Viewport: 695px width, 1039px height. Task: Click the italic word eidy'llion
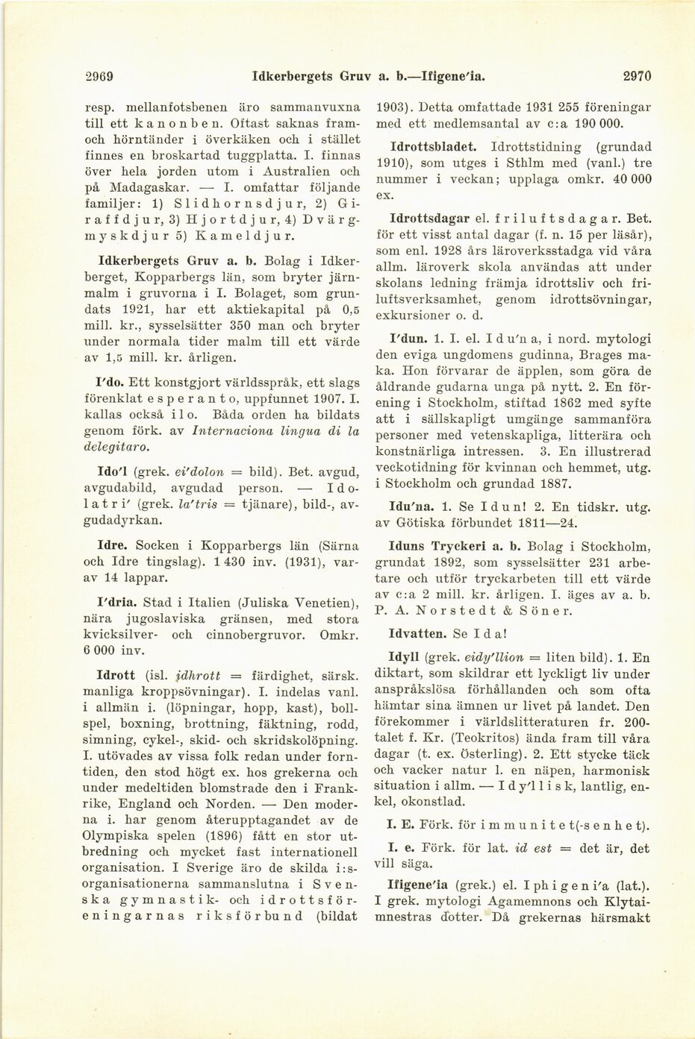[485, 658]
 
